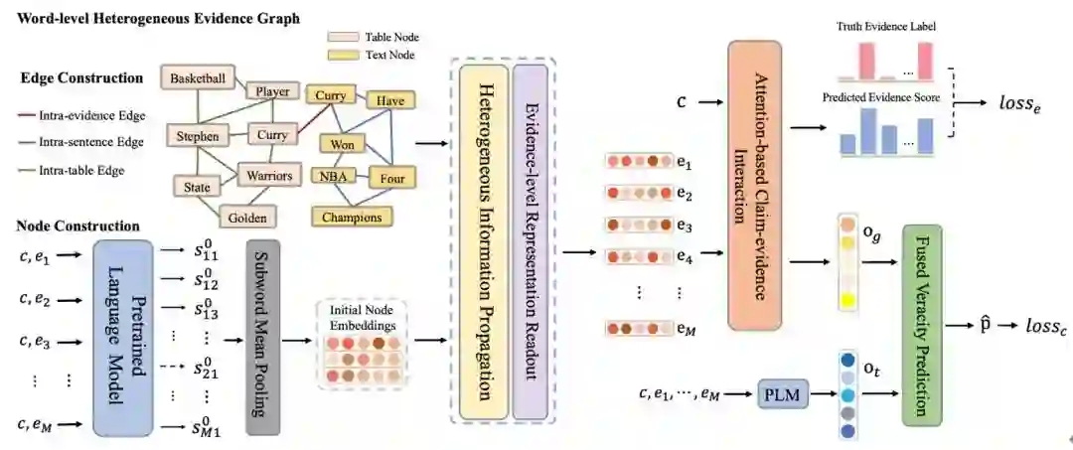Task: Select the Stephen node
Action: [197, 135]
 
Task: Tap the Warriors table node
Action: [268, 177]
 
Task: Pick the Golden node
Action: [245, 217]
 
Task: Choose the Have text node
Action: [389, 99]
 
